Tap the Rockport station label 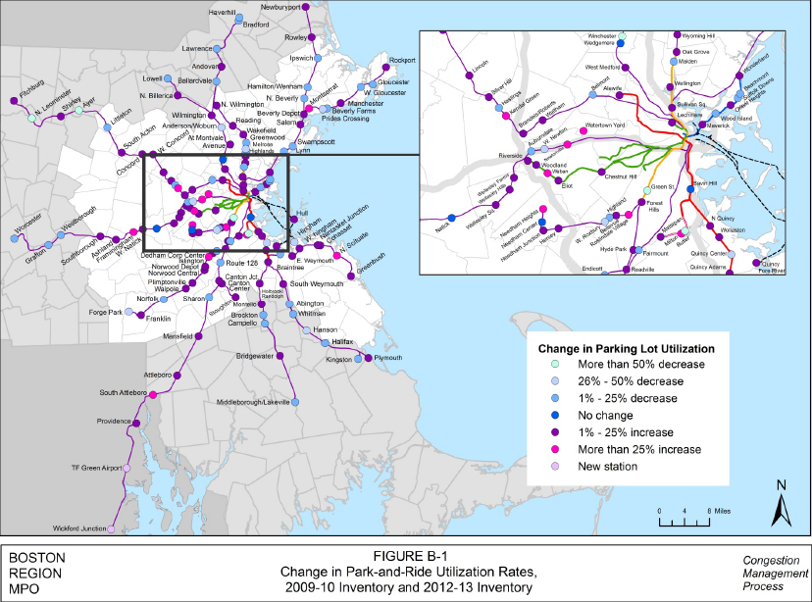pos(403,60)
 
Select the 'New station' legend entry pos(609,466)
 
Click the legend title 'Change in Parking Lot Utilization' pos(632,348)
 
